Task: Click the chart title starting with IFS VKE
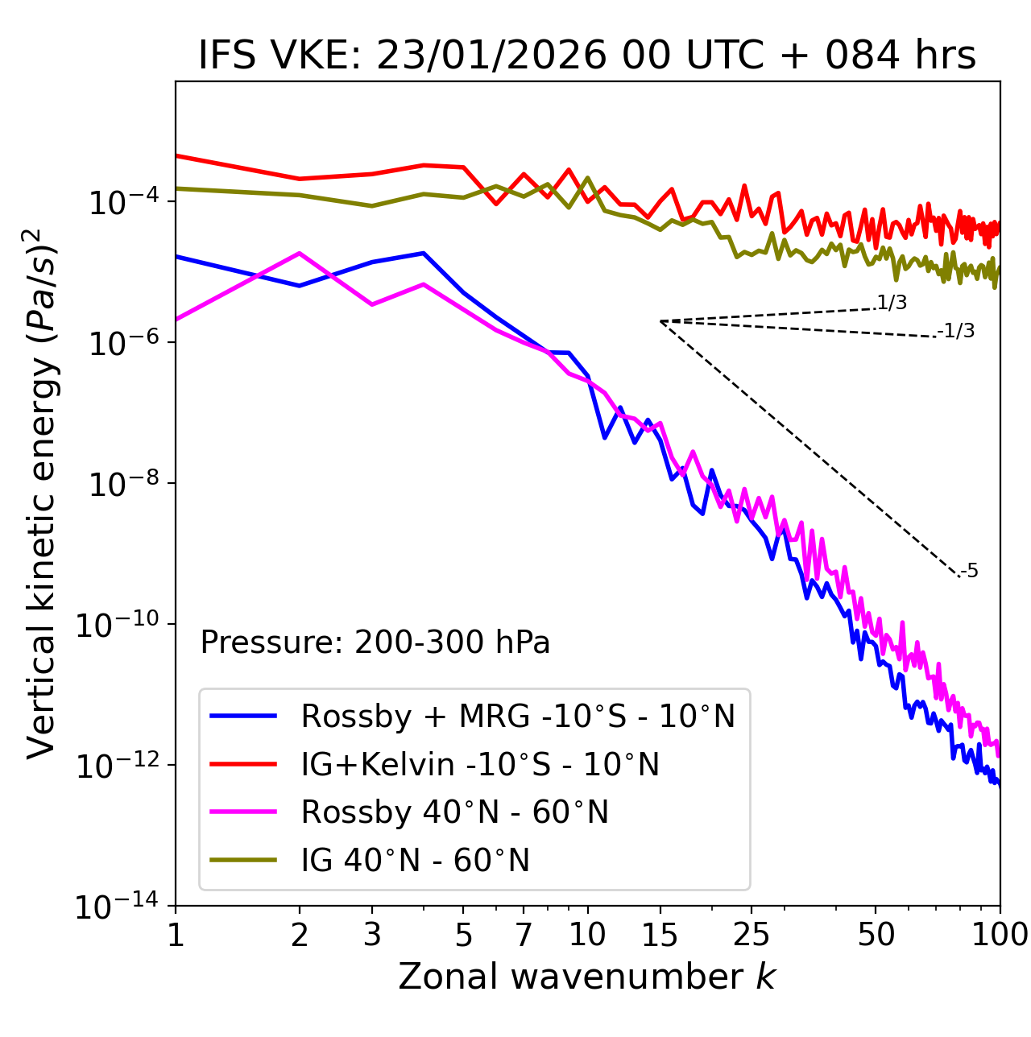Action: [587, 56]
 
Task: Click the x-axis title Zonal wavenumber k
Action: [587, 976]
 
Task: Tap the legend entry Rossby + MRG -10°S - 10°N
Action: [518, 716]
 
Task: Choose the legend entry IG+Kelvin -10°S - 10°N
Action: [480, 764]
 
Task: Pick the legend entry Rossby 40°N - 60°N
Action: [454, 812]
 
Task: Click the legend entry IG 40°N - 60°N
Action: [416, 861]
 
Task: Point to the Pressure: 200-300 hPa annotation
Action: [375, 642]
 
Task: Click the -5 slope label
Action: [970, 572]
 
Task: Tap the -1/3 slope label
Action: [957, 331]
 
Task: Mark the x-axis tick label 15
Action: [660, 935]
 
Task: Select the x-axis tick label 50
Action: [876, 935]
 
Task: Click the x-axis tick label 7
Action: [524, 935]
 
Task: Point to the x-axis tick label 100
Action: [1000, 935]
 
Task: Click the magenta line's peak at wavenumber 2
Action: [300, 254]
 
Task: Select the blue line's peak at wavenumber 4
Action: [424, 253]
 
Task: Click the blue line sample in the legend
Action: [243, 716]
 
